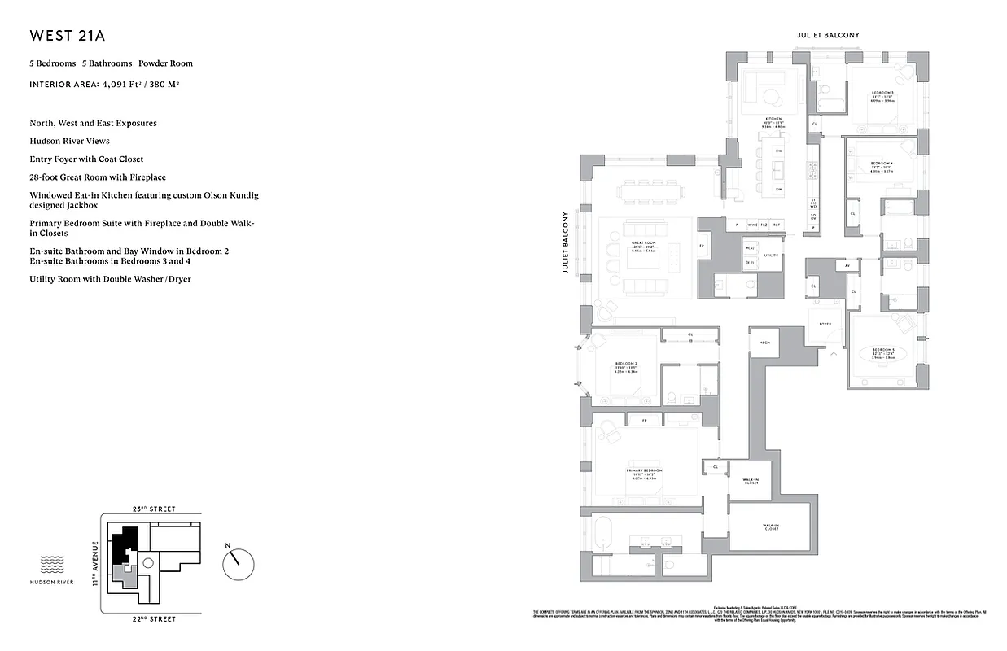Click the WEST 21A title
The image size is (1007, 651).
click(68, 36)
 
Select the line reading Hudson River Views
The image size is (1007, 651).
click(69, 141)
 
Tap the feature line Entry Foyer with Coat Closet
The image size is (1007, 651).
click(86, 159)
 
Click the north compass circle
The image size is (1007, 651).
click(239, 561)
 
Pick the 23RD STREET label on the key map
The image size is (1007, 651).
click(154, 509)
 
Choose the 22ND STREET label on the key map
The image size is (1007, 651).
click(154, 619)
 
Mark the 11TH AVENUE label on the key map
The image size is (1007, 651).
click(94, 564)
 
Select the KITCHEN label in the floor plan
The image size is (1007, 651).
click(773, 119)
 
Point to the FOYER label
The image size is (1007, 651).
click(825, 324)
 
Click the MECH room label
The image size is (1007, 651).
click(764, 343)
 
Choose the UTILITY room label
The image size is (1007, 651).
click(771, 256)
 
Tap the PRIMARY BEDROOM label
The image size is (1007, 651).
click(644, 471)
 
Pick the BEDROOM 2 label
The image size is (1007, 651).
click(626, 363)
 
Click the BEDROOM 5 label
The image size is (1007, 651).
click(883, 349)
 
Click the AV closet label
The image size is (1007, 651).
click(847, 266)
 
